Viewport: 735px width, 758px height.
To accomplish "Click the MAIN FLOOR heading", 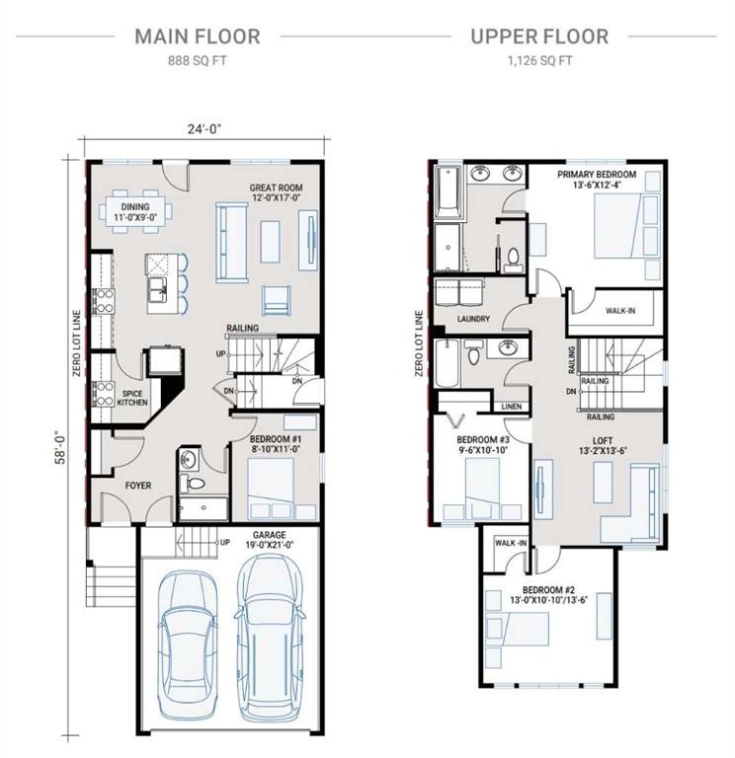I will [x=198, y=38].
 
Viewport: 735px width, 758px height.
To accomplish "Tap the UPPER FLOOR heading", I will [x=538, y=38].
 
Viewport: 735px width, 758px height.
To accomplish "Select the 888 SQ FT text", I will [x=198, y=60].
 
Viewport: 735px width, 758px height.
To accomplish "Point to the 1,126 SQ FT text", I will [x=538, y=60].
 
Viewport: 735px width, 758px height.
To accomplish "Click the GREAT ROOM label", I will [x=276, y=188].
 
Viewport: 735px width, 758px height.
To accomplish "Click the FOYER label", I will [x=136, y=485].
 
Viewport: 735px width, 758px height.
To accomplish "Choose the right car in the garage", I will [x=268, y=627].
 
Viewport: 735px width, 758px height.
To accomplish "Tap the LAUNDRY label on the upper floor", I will [x=474, y=319].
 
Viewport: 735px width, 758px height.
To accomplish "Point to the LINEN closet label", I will [x=511, y=406].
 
